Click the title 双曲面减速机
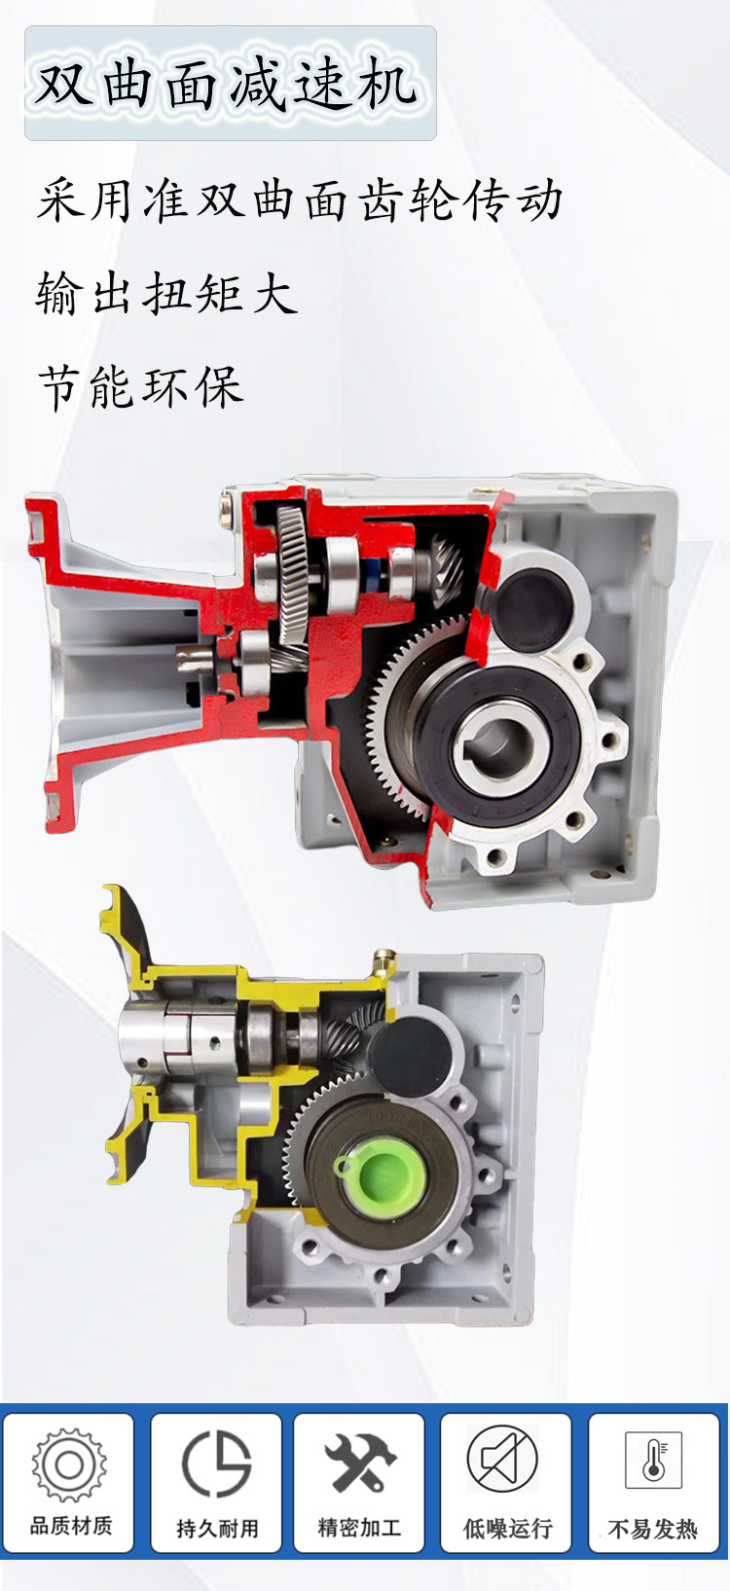tap(226, 86)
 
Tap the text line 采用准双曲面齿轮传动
tap(300, 201)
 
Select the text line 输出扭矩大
tap(166, 294)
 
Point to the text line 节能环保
tap(140, 387)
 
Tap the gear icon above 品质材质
tap(69, 1464)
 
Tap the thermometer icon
tap(653, 1460)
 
